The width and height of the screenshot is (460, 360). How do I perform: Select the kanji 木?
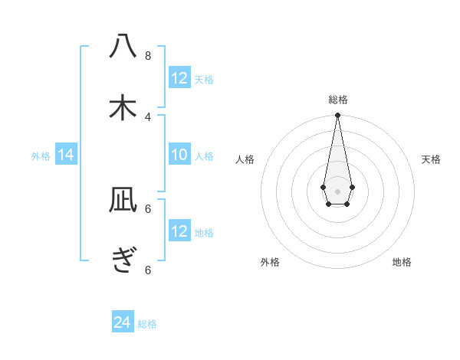point(123,108)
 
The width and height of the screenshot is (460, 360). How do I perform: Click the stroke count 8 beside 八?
point(148,55)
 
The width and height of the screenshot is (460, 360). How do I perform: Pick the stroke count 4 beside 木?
point(148,116)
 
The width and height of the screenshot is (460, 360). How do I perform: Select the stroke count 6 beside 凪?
point(148,208)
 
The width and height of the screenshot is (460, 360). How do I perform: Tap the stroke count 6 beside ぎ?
point(148,269)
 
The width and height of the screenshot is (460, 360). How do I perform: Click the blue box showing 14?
point(66,155)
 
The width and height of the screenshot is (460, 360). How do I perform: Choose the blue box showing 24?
point(123,322)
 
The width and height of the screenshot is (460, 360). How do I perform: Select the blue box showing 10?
point(179,155)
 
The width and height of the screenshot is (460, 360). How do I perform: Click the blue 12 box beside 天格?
point(179,78)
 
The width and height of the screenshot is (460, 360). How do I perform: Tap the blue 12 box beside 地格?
point(179,231)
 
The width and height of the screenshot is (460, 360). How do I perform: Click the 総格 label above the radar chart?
point(337,100)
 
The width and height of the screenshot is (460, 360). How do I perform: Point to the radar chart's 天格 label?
point(431,159)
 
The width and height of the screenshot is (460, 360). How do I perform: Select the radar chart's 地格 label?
point(402,262)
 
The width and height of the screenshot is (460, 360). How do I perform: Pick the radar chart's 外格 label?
point(270,262)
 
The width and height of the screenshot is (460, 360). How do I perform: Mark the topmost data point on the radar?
point(337,116)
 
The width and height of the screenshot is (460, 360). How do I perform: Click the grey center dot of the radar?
point(337,191)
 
